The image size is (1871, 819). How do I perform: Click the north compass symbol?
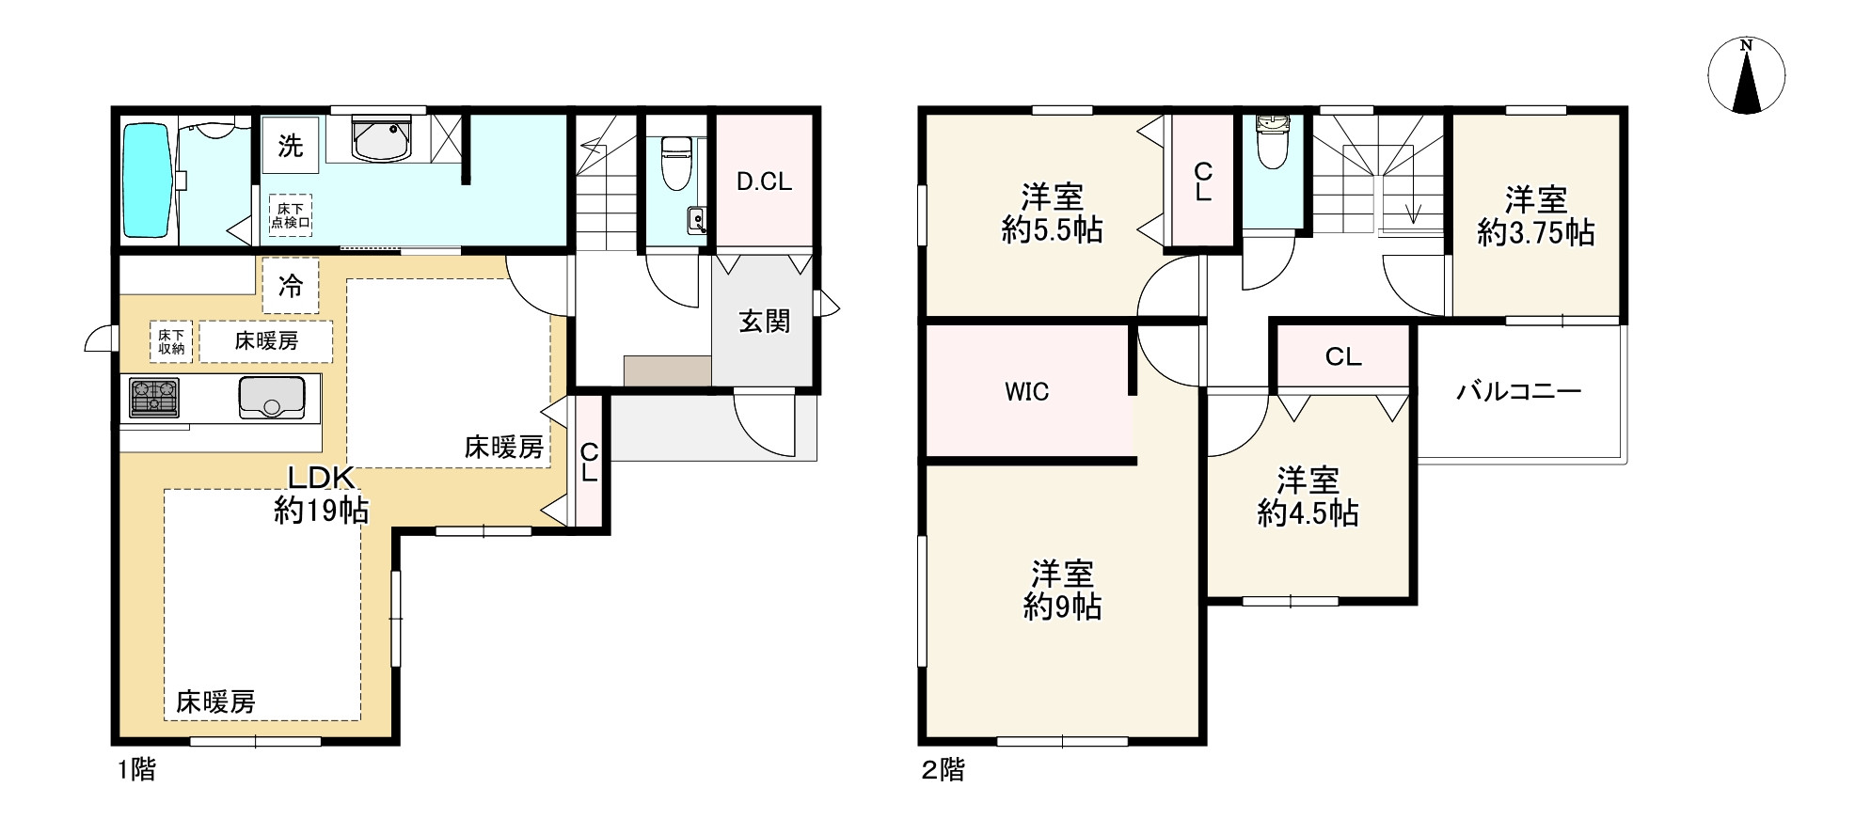point(1746,76)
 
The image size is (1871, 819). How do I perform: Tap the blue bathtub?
point(147,181)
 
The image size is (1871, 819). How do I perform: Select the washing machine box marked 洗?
point(290,146)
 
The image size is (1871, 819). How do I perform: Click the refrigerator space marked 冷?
point(291,286)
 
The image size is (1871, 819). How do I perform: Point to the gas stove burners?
point(155,397)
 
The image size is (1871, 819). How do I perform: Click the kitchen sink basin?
point(272,397)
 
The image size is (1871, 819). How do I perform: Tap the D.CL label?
point(764,181)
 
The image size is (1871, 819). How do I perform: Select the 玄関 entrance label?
point(764,322)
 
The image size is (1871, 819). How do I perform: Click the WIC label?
point(1027,391)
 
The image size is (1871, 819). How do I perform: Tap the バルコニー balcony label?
point(1519,391)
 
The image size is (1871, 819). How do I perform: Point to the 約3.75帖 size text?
point(1535,232)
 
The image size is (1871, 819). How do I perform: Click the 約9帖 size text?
point(1062,606)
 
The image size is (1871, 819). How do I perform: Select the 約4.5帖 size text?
point(1308,512)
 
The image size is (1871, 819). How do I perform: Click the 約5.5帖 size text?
point(1052,229)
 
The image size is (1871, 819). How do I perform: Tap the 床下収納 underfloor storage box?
point(171,341)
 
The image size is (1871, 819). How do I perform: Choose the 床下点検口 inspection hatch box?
point(291,215)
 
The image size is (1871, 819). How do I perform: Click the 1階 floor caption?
point(137,771)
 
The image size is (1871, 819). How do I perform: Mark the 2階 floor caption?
point(943,771)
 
